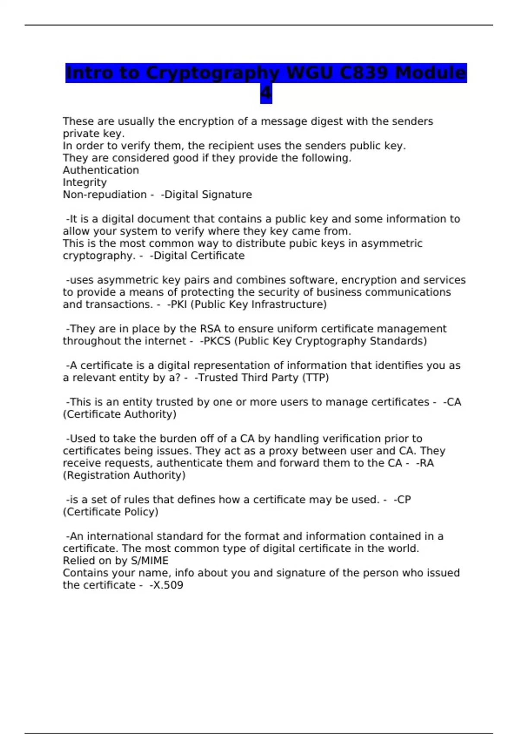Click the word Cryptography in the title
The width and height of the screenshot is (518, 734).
pyautogui.click(x=212, y=73)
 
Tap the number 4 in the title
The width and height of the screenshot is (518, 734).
pyautogui.click(x=266, y=93)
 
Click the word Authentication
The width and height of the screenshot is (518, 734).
pyautogui.click(x=101, y=170)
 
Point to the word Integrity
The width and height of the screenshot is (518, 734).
pyautogui.click(x=85, y=182)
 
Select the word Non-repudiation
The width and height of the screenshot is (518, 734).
pyautogui.click(x=105, y=195)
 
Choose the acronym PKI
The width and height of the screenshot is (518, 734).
pyautogui.click(x=178, y=304)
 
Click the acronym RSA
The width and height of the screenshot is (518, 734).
pyautogui.click(x=210, y=329)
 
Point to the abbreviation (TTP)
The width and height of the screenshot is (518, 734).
pyautogui.click(x=315, y=378)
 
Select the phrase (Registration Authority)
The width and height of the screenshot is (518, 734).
pyautogui.click(x=124, y=475)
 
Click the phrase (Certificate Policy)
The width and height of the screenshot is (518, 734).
pyautogui.click(x=111, y=512)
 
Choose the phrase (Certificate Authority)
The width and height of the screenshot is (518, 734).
pyautogui.click(x=120, y=414)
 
